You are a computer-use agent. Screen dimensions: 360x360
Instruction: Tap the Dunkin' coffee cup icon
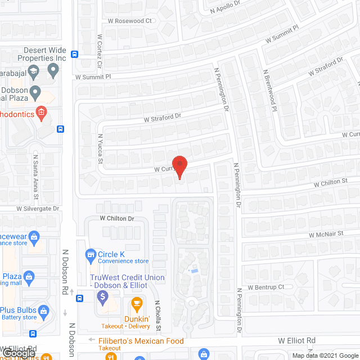[x=136, y=304]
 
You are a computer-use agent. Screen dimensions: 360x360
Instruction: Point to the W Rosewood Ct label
[x=130, y=21]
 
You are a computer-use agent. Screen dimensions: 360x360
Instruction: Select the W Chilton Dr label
[x=117, y=218]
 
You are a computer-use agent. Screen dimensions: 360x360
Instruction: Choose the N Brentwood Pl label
[x=271, y=91]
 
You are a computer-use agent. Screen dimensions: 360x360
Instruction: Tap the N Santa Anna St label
[x=36, y=177]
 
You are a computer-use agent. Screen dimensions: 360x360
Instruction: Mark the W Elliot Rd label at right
[x=297, y=341]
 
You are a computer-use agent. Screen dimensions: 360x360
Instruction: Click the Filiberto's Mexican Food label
[x=141, y=341]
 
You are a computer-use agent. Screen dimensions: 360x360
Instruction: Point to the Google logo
[x=19, y=354]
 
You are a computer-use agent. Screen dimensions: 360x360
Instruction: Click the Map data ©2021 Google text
[x=324, y=355]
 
